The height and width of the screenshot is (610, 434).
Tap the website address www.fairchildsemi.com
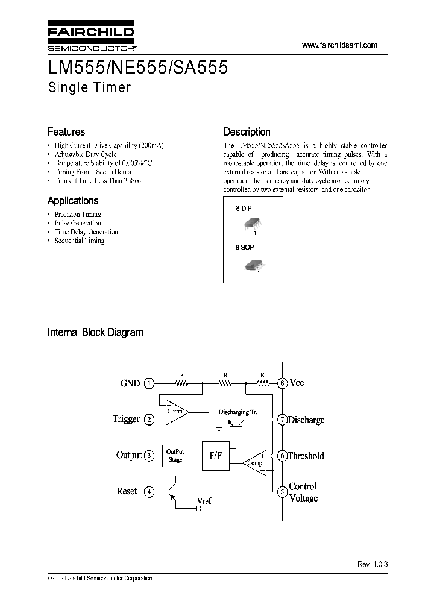(x=339, y=45)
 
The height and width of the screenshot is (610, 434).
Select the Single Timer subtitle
(x=89, y=87)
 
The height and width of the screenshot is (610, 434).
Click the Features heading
(x=66, y=132)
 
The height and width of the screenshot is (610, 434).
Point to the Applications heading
(x=73, y=201)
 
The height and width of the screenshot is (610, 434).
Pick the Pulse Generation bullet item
(x=78, y=223)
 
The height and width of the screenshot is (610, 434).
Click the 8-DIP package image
(x=250, y=225)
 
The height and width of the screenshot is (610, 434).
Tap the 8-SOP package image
(x=253, y=265)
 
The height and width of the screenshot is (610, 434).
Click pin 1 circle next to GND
(x=149, y=383)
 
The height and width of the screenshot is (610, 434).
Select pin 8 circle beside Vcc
(x=281, y=383)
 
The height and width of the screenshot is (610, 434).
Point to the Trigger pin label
(x=126, y=419)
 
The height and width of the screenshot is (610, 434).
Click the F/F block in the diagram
(x=216, y=456)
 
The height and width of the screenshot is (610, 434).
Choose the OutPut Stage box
(x=175, y=456)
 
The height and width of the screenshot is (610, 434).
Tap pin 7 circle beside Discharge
(x=281, y=420)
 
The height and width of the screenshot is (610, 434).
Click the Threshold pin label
(x=306, y=456)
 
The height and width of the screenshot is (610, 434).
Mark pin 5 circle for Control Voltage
(x=281, y=492)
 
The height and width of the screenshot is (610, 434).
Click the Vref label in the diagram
(x=204, y=500)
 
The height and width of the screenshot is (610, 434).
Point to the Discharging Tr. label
(x=238, y=412)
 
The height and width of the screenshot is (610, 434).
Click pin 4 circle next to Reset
(x=149, y=492)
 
